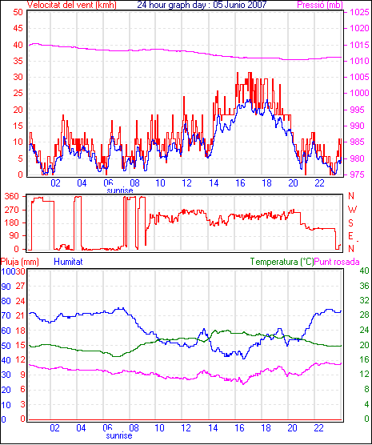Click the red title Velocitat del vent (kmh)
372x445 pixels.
(x=72, y=5)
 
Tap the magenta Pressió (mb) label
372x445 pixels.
(x=320, y=5)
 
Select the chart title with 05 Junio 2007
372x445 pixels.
(x=202, y=5)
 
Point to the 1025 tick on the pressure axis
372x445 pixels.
(x=359, y=12)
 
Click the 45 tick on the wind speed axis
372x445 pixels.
(x=18, y=28)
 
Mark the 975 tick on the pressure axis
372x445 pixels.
(x=359, y=174)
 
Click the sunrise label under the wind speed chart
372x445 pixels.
(x=120, y=190)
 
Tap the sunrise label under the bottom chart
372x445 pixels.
(x=119, y=435)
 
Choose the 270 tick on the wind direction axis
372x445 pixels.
(x=13, y=210)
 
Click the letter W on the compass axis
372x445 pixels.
(x=352, y=210)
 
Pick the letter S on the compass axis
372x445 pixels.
(x=351, y=223)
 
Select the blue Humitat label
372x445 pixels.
(x=68, y=262)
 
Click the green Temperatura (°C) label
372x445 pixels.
(x=282, y=262)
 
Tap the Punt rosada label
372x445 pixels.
(x=337, y=262)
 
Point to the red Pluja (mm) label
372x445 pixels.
(x=20, y=262)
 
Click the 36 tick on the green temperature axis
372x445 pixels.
(x=364, y=286)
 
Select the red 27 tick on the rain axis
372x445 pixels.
(x=21, y=286)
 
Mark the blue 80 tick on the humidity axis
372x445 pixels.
(x=6, y=301)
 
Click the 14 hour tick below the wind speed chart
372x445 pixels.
(x=214, y=183)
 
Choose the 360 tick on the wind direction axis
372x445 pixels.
(x=13, y=196)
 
